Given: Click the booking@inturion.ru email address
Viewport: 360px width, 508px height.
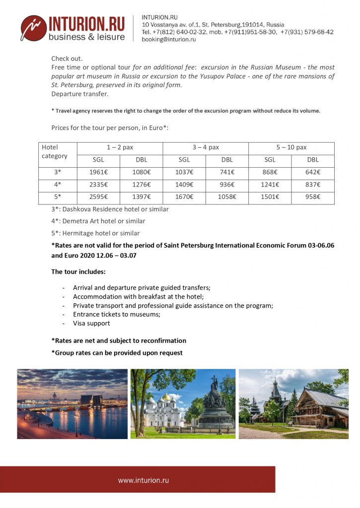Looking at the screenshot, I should click(169, 40).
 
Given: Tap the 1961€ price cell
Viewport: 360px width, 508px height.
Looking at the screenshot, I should click(98, 173).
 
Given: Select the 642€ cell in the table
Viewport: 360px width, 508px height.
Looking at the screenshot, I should click(312, 173).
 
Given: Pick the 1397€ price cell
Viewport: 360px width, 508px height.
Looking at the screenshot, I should click(141, 197).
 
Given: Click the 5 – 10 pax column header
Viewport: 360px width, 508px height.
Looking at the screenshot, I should click(291, 147).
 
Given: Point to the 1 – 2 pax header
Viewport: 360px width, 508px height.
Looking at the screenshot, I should click(120, 147).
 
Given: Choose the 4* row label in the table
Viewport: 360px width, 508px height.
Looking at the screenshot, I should click(58, 185).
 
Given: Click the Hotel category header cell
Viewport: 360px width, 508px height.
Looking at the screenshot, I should click(54, 152).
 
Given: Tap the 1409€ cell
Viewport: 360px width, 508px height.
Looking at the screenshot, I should click(184, 185).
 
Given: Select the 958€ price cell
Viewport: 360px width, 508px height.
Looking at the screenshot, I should click(312, 197).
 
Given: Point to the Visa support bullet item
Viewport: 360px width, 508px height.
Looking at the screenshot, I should click(91, 323).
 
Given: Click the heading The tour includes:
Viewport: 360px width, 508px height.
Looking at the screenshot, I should click(78, 272).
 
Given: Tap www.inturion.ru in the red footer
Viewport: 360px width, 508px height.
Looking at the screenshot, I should click(144, 480).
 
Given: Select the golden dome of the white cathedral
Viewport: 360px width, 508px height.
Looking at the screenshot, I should click(166, 397).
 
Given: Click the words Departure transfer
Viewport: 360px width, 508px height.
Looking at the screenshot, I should click(79, 94).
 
